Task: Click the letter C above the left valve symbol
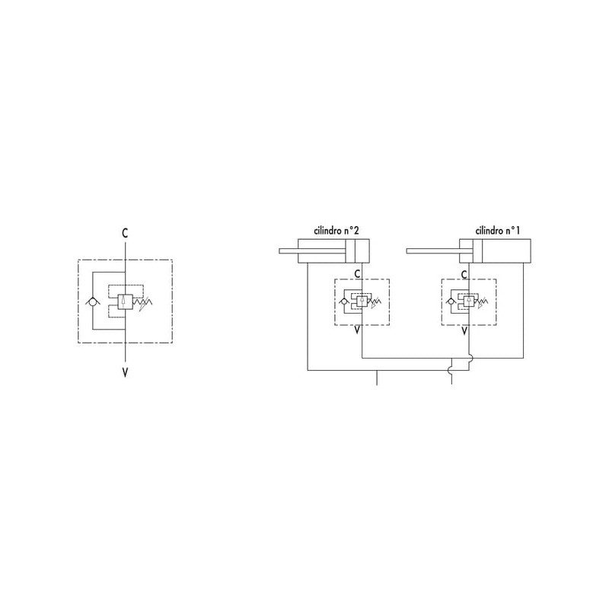pyautogui.click(x=125, y=233)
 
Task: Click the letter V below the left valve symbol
pyautogui.click(x=125, y=372)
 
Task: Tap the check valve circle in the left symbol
pyautogui.click(x=92, y=301)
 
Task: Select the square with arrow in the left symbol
pyautogui.click(x=125, y=301)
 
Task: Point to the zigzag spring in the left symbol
pyautogui.click(x=142, y=301)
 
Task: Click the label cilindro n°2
pyautogui.click(x=336, y=231)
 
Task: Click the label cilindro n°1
pyautogui.click(x=498, y=231)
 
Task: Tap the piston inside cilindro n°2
pyautogui.click(x=350, y=251)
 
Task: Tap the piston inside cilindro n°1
pyautogui.click(x=477, y=251)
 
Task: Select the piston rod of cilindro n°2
pyautogui.click(x=312, y=251)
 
